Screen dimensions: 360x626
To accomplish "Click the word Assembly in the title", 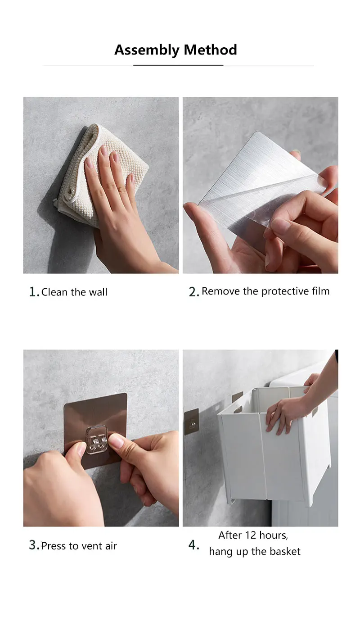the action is pyautogui.click(x=147, y=50).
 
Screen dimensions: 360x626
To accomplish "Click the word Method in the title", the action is pyautogui.click(x=210, y=50).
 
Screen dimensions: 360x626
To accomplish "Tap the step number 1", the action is pyautogui.click(x=33, y=292).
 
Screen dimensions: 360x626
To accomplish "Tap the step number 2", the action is pyautogui.click(x=193, y=292).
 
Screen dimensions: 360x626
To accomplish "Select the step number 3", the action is pyautogui.click(x=34, y=545).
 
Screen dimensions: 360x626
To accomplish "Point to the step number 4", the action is pyautogui.click(x=193, y=544).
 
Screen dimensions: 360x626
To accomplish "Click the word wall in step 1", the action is pyautogui.click(x=98, y=292).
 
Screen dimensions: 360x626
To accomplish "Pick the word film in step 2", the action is pyautogui.click(x=320, y=291).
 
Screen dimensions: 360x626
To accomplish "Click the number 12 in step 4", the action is pyautogui.click(x=251, y=535).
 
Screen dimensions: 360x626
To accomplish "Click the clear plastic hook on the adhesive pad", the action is pyautogui.click(x=97, y=440).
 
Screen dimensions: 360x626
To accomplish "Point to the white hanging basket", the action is pyautogui.click(x=274, y=445).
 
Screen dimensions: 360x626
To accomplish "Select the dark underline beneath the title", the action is pyautogui.click(x=178, y=65).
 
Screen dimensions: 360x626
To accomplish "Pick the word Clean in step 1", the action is pyautogui.click(x=54, y=292).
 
